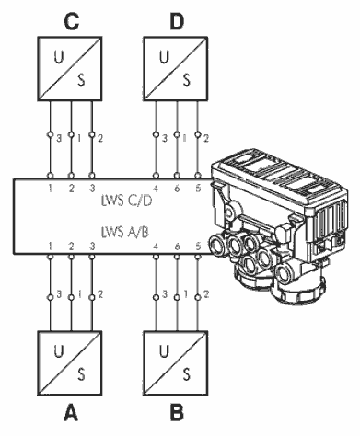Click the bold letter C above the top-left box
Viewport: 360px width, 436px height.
tap(71, 22)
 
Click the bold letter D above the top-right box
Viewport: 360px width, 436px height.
tap(177, 22)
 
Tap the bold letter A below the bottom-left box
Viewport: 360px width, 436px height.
tap(71, 413)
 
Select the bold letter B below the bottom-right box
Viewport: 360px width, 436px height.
tap(177, 413)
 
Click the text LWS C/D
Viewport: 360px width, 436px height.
tap(126, 201)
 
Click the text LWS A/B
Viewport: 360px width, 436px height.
tap(125, 232)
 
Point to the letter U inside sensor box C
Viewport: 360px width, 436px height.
tap(58, 57)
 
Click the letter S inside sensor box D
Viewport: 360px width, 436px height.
tap(187, 80)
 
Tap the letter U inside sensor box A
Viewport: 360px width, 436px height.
tap(58, 351)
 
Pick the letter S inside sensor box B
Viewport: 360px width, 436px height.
tap(187, 374)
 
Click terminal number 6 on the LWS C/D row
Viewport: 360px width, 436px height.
tap(177, 189)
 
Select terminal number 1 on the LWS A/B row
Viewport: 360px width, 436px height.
tap(50, 247)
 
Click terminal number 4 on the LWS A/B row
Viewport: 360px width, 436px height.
tap(156, 247)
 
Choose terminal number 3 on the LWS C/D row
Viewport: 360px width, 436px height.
tap(92, 189)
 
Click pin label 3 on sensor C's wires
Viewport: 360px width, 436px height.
tap(59, 139)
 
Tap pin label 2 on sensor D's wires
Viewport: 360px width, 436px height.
tap(206, 139)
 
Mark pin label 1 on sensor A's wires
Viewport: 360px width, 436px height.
tap(79, 294)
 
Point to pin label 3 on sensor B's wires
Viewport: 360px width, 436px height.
tap(165, 294)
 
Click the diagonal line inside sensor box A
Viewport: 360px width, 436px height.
tap(70, 363)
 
